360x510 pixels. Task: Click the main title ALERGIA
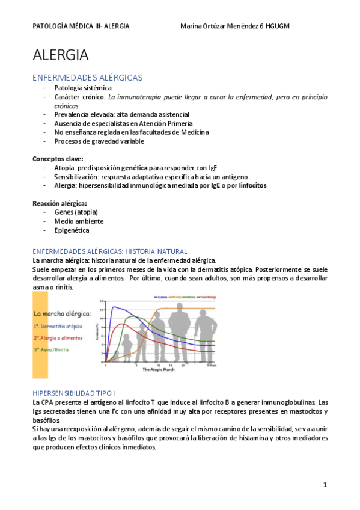point(61,55)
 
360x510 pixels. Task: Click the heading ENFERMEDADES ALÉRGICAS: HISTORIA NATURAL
point(110,251)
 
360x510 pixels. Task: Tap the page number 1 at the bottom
point(325,484)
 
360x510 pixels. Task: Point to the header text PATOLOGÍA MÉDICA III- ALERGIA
point(81,26)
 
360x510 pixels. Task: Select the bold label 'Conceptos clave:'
point(58,159)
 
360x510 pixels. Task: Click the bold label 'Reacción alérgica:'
point(59,203)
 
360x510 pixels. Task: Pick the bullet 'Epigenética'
point(72,230)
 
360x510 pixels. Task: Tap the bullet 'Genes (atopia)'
point(76,212)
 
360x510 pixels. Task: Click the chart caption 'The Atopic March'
point(159,369)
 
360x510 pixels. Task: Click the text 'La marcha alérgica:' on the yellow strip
point(62,314)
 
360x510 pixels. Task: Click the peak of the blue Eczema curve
point(113,307)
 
